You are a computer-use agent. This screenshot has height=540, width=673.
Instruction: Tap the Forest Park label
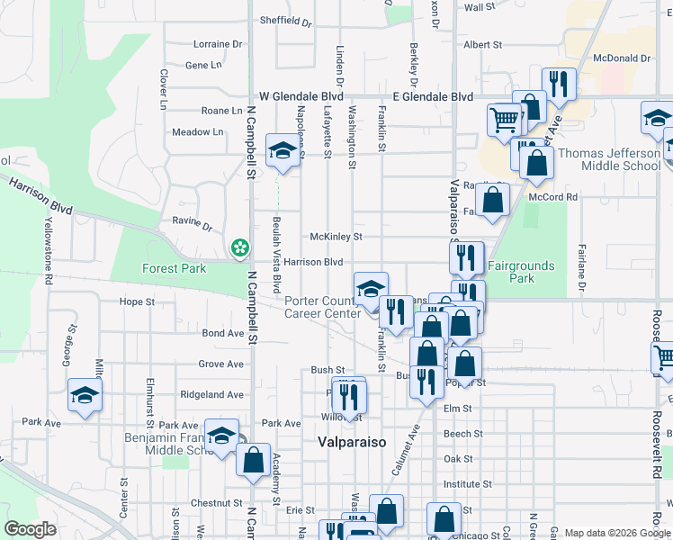[x=174, y=268]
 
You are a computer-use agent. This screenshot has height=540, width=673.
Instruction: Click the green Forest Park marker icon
[x=239, y=247]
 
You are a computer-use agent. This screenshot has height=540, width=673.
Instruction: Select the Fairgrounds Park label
[x=521, y=272]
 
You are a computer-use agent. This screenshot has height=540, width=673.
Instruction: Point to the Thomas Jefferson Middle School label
[x=609, y=159]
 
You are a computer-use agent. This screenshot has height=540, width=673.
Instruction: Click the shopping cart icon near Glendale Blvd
[x=505, y=118]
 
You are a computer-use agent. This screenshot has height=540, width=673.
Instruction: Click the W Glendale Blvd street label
[x=301, y=96]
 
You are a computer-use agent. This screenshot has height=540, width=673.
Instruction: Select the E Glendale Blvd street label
[x=433, y=96]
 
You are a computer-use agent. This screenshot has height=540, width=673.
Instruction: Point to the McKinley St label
[x=336, y=237]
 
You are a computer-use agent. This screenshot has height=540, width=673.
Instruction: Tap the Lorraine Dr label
[x=218, y=43]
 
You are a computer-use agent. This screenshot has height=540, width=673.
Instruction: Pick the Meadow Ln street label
[x=197, y=132]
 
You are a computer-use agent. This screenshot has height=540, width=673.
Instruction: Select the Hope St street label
[x=137, y=302]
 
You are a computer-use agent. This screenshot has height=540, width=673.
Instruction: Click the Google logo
[x=31, y=528]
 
